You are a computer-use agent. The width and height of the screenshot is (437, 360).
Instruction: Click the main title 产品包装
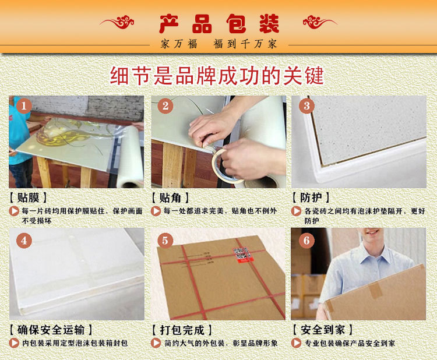tap(219, 24)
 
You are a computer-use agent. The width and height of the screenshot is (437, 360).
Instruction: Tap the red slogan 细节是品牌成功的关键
tap(217, 76)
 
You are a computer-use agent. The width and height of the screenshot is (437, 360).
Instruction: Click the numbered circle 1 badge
tap(24, 106)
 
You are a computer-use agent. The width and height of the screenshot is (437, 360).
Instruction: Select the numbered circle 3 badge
tap(307, 106)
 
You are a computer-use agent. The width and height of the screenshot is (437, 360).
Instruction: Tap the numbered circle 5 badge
tap(165, 241)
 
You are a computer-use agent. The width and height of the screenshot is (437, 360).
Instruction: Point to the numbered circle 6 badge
tap(306, 241)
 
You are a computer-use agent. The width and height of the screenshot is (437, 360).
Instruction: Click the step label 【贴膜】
tap(28, 198)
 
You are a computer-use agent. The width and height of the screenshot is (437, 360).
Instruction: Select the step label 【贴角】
tap(170, 198)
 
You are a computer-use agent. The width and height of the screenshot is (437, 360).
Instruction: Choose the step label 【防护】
tap(311, 198)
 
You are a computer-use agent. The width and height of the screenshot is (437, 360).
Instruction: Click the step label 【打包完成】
tap(182, 330)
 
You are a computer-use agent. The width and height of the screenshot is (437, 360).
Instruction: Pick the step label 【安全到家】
tap(323, 330)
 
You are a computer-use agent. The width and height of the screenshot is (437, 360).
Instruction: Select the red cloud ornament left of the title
tap(117, 22)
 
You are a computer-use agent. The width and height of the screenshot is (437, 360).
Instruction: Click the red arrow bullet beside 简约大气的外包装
tap(156, 343)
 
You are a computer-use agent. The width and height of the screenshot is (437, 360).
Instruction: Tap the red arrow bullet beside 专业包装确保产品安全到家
tap(296, 343)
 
